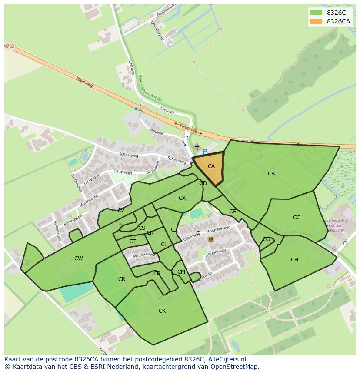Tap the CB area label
tap(271, 174)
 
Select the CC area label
tap(297, 218)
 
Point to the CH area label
tap(294, 260)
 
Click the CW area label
tap(78, 258)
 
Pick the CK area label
tap(162, 311)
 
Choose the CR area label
tap(122, 279)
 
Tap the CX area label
tap(182, 198)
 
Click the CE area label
tap(232, 212)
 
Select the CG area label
tap(267, 239)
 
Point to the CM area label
tap(181, 272)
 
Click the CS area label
tap(142, 228)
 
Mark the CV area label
tap(121, 210)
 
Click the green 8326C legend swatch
tap(316, 13)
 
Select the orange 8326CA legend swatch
tap(316, 21)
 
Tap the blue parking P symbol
tap(205, 152)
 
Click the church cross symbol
tap(197, 148)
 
